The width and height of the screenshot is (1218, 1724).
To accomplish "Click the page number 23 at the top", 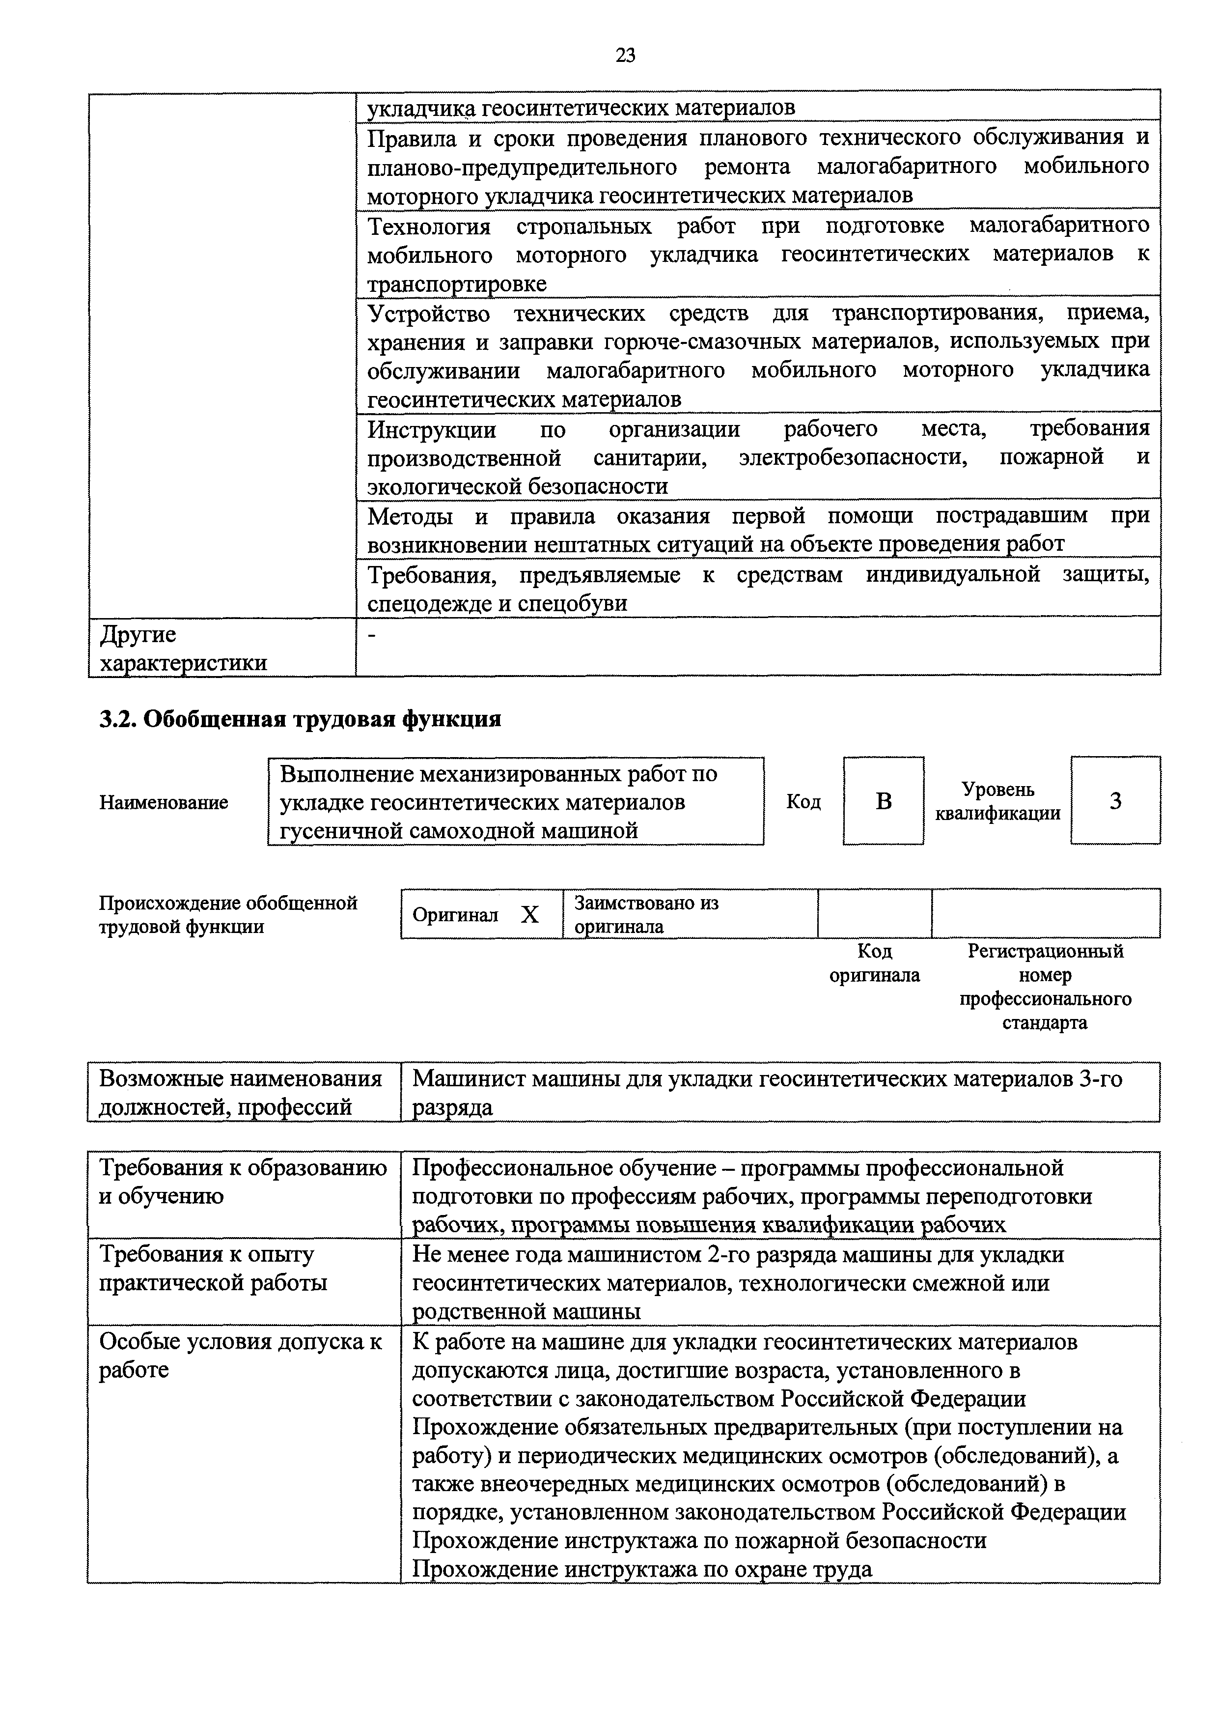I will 625,55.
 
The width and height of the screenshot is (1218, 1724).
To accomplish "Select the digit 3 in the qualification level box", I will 1115,801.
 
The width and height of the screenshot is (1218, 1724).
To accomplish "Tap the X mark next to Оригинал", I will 530,914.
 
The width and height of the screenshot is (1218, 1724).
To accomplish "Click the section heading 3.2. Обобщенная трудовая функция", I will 300,719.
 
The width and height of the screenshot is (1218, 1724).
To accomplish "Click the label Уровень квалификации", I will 997,801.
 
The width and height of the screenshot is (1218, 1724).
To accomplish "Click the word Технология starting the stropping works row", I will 429,226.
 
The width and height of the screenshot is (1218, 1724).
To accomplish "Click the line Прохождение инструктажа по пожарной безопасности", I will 699,1540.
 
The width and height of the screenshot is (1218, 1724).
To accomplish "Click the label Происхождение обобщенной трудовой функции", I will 228,914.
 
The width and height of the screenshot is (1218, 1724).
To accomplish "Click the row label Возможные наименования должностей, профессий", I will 240,1093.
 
